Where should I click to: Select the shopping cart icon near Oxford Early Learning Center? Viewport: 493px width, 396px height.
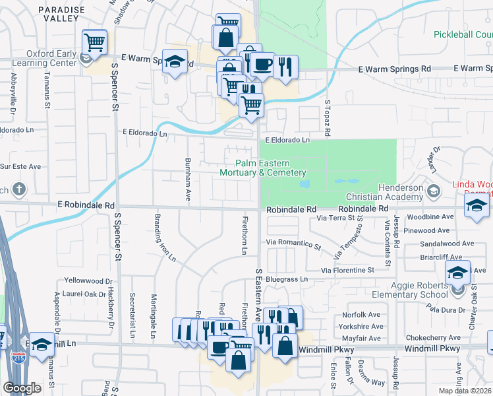[x=94, y=43]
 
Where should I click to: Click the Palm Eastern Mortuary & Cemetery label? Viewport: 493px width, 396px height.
[x=262, y=168]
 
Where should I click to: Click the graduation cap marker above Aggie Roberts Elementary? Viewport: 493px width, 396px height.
[x=457, y=273]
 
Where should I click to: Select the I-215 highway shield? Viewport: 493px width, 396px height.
[x=18, y=356]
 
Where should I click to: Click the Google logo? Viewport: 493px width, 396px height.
[x=22, y=388]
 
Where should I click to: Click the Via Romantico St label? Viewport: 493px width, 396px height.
[x=293, y=245]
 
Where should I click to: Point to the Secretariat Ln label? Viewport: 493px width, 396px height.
[x=132, y=316]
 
